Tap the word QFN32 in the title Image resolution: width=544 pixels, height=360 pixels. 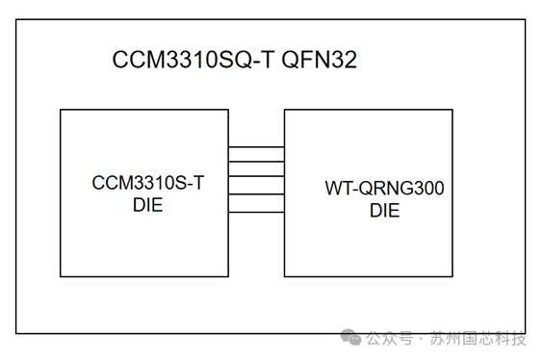(320, 61)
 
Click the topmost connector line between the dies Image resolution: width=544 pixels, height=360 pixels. (256, 147)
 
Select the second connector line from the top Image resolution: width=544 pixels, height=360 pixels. (256, 163)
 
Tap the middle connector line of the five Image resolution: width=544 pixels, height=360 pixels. (256, 178)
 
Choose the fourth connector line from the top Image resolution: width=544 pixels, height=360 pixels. (256, 194)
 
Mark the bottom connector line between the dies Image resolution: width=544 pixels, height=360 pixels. (256, 210)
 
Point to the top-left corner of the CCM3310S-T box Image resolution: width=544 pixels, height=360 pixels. (61, 110)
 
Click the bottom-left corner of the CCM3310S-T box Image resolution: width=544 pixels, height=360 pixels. (61, 275)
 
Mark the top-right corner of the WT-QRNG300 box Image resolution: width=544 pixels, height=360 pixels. (453, 110)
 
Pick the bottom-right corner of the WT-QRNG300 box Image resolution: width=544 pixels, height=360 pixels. (453, 275)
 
